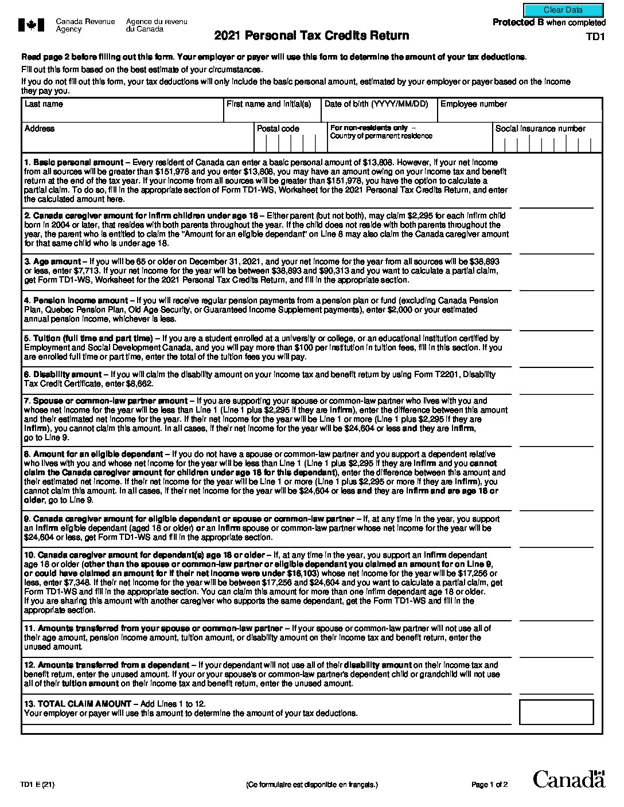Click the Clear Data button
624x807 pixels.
pyautogui.click(x=563, y=10)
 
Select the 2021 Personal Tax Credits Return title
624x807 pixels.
pyautogui.click(x=311, y=36)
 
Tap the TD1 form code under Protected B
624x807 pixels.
pyautogui.click(x=595, y=37)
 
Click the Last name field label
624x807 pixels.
pyautogui.click(x=44, y=104)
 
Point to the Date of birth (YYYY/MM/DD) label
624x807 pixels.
pyautogui.click(x=376, y=104)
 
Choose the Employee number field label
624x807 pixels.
pyautogui.click(x=473, y=104)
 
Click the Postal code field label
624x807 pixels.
pyautogui.click(x=278, y=129)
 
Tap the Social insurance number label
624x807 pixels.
pyautogui.click(x=540, y=129)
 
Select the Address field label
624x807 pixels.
pyautogui.click(x=40, y=129)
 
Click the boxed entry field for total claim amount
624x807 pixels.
pyautogui.click(x=556, y=712)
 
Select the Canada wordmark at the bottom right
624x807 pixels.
pyautogui.click(x=568, y=779)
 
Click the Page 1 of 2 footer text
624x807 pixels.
pyautogui.click(x=489, y=785)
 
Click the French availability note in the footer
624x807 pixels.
pyautogui.click(x=312, y=785)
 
